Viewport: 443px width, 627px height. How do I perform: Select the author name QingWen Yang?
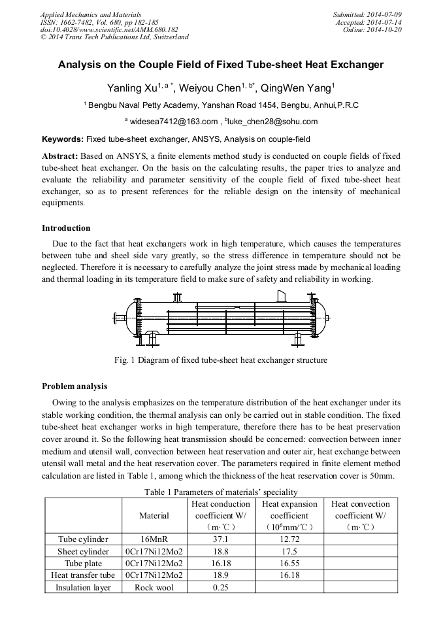(x=297, y=88)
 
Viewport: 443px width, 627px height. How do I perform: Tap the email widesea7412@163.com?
(x=173, y=121)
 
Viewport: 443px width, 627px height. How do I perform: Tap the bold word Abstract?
(x=60, y=156)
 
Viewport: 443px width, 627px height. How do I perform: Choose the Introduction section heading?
(x=66, y=228)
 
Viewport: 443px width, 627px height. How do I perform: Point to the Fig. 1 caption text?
(x=220, y=360)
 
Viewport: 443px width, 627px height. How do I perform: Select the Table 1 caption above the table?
(x=220, y=492)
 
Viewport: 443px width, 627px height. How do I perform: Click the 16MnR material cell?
(x=154, y=539)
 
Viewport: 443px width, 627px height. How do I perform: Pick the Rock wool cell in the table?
(x=154, y=587)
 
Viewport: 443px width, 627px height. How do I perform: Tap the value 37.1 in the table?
(x=220, y=539)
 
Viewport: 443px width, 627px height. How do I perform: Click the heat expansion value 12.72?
(x=289, y=539)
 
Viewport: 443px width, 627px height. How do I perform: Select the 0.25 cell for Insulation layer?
(x=220, y=587)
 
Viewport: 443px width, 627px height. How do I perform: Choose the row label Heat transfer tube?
(x=83, y=575)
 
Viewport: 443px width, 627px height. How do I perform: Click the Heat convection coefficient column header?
(x=360, y=515)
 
